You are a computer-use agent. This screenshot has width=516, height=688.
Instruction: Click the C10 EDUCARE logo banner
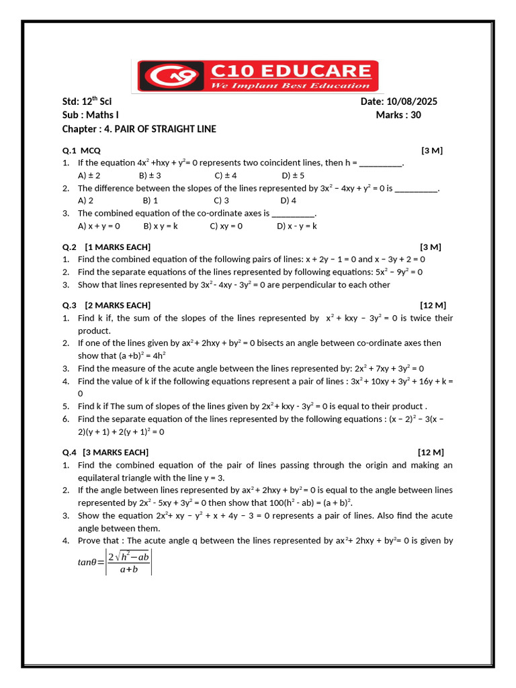[258, 75]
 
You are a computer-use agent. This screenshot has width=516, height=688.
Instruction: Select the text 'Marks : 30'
[398, 115]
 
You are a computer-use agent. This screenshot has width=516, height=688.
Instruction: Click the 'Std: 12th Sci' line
[87, 101]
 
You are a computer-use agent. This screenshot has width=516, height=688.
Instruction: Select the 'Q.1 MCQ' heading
[81, 150]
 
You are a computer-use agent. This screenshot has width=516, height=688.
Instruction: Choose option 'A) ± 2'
[89, 175]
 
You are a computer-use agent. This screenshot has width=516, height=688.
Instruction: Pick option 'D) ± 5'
[293, 175]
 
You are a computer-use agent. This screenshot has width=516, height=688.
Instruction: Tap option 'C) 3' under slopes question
[222, 200]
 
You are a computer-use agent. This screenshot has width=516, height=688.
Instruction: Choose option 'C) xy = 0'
[226, 226]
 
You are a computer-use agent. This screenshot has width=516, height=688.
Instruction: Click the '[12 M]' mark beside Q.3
[433, 305]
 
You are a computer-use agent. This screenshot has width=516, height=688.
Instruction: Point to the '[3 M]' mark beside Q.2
[431, 247]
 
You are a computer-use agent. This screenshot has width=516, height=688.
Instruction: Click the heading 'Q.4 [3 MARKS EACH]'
[105, 452]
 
